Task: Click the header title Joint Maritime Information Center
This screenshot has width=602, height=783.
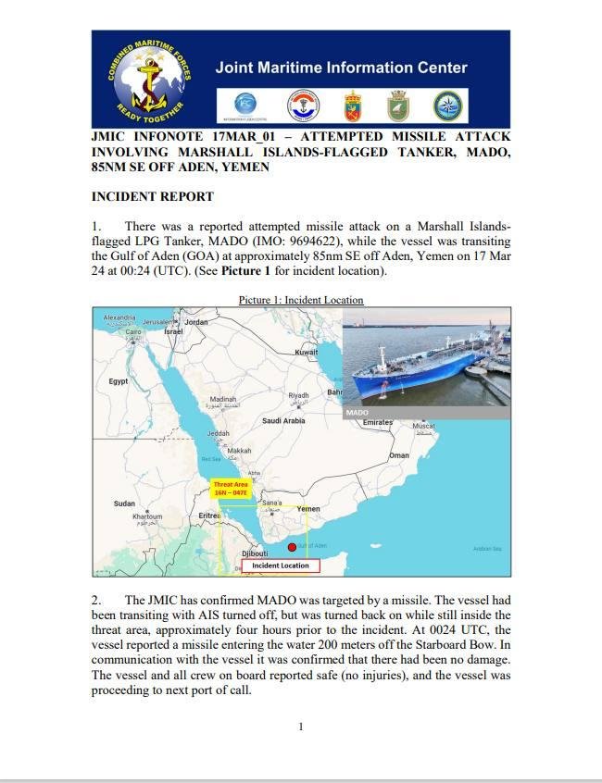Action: coord(341,68)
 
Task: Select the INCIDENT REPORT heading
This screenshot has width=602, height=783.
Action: coord(152,196)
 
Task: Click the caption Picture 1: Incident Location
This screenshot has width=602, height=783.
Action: coord(301,300)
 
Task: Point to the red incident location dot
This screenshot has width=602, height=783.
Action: coord(292,548)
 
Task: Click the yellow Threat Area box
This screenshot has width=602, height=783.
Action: coord(231,488)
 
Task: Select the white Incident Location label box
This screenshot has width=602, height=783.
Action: coord(281,565)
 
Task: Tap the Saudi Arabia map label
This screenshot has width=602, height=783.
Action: coord(282,421)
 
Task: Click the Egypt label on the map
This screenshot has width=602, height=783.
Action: coord(119,381)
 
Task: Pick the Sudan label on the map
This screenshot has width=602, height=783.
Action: coord(123,503)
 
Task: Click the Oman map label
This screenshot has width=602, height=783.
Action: coord(399,455)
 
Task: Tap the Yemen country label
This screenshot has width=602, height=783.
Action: coord(307,509)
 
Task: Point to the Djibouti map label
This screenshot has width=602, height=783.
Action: coord(255,553)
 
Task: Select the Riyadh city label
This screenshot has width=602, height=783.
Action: coord(297,395)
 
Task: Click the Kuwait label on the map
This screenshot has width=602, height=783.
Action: coord(306,353)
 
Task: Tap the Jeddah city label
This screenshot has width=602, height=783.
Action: coord(218,433)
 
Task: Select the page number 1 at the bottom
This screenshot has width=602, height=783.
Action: coord(300,727)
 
